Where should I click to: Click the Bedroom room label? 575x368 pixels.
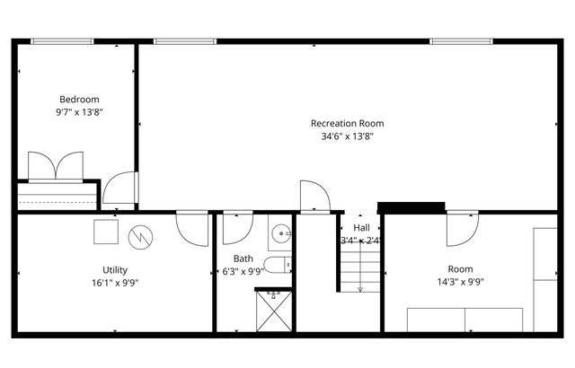coord(79,100)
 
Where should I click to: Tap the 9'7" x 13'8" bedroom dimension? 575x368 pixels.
coord(79,113)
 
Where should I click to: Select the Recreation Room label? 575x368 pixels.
coord(347,124)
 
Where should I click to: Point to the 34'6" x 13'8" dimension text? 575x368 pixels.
coord(347,137)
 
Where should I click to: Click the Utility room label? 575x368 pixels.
coord(115,269)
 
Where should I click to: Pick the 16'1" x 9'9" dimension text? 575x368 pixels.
coord(115,283)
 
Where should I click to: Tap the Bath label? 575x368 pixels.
coord(243,258)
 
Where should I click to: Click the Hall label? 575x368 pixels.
coord(361,228)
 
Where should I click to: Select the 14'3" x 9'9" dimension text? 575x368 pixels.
coord(461,283)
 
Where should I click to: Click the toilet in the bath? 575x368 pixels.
coord(281,264)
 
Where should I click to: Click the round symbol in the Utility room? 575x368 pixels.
coord(141,236)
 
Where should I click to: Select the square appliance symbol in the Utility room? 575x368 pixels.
coord(106,232)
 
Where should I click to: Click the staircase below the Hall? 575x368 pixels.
coord(360,267)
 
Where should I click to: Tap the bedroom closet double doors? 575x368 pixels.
coord(56,167)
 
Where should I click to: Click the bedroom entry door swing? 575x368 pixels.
coord(119,188)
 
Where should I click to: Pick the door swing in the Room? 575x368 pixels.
coord(461,230)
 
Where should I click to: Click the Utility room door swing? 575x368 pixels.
coord(192,228)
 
